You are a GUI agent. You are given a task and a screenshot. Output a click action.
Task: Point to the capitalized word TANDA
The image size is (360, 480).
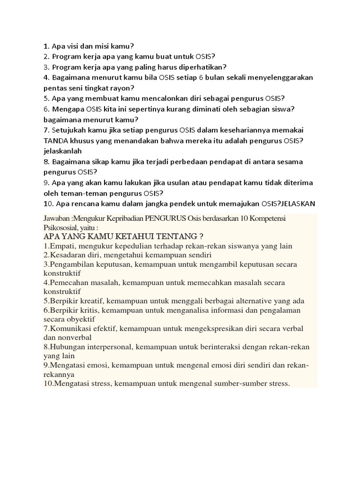pos(56,141)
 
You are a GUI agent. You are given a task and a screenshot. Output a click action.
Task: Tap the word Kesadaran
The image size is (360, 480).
pos(66,255)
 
